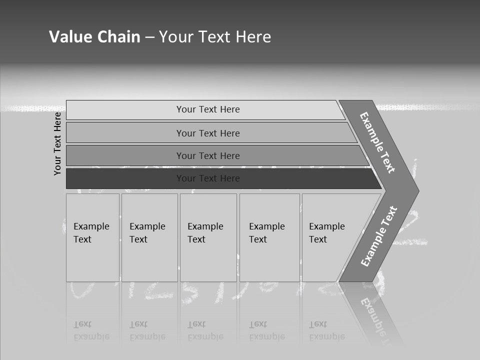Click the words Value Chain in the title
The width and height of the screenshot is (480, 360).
coord(94,37)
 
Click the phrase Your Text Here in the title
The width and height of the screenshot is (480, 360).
coord(215,37)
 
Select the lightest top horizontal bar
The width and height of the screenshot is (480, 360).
coord(125,110)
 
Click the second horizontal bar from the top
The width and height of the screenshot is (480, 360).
coord(125,133)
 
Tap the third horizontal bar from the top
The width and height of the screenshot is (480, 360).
coord(125,155)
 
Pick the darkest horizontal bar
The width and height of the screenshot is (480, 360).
coord(125,178)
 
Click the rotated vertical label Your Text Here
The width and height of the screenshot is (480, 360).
coord(57,143)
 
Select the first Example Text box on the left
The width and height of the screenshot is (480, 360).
coord(92,237)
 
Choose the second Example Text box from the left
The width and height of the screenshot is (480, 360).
coord(149,237)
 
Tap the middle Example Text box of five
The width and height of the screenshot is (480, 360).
coord(208,237)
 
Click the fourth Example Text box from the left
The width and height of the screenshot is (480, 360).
coord(269,237)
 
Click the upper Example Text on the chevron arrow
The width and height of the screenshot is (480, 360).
coord(377,142)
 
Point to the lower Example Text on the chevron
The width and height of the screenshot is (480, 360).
coord(378,236)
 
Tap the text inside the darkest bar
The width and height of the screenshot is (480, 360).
coord(208,178)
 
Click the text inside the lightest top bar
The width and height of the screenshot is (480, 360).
coord(208,109)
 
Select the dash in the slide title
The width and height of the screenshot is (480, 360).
coord(149,37)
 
